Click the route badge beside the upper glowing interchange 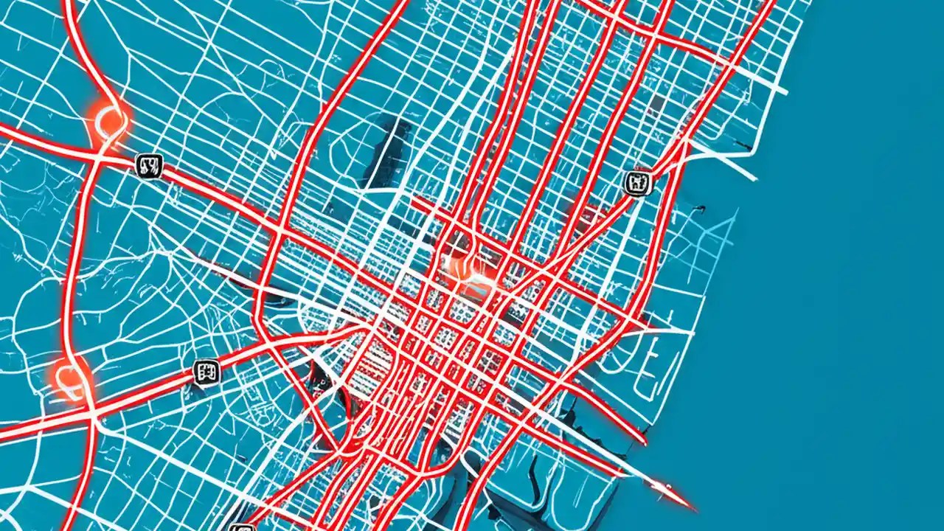149,165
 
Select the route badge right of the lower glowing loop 206,372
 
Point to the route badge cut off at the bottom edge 241,527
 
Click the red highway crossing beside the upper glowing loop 98,156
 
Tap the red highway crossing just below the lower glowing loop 92,417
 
